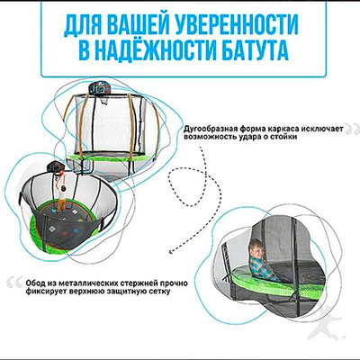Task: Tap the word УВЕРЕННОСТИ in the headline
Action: [255, 22]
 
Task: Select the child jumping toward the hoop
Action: [65, 193]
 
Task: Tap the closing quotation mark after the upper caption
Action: [346, 131]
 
